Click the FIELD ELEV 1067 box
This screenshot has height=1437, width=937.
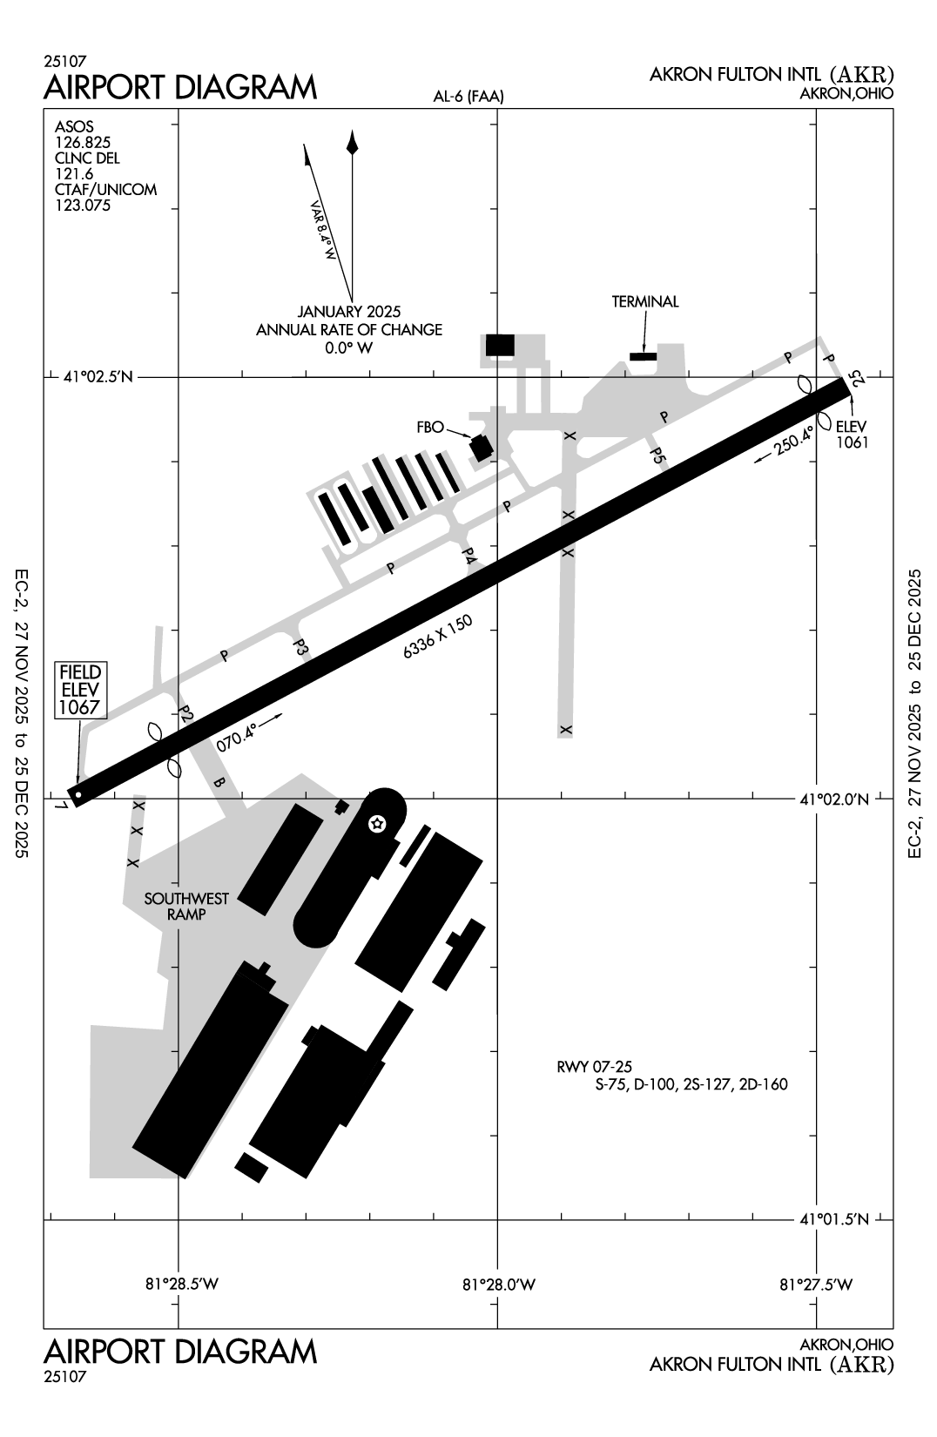(x=80, y=689)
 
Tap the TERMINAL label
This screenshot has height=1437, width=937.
(x=644, y=302)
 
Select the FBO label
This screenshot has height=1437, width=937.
(x=430, y=427)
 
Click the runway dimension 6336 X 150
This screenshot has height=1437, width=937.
(x=437, y=638)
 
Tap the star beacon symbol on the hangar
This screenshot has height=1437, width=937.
(x=377, y=823)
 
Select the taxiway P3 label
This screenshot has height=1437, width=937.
(x=300, y=647)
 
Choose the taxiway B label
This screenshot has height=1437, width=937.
(x=219, y=783)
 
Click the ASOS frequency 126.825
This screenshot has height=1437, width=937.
(x=83, y=143)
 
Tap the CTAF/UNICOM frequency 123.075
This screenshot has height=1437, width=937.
(x=83, y=206)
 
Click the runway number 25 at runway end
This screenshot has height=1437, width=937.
(x=859, y=378)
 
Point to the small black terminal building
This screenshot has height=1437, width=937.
(x=643, y=356)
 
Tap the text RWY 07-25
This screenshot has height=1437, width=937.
(x=593, y=1066)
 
